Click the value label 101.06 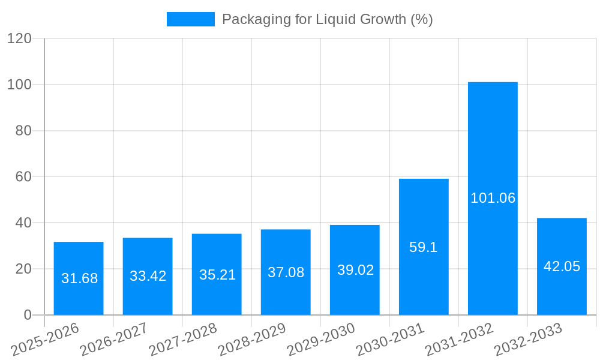pos(493,198)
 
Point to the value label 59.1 pos(424,247)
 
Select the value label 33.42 pos(148,276)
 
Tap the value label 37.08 pos(286,272)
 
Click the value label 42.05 pos(562,266)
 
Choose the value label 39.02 pos(355,270)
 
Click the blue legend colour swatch pos(190,19)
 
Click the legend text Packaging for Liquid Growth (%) pos(327,19)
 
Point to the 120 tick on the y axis pos(19,38)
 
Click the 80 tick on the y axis pos(23,131)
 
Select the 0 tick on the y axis pos(28,315)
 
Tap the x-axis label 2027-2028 pos(183,340)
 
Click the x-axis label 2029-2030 pos(321,340)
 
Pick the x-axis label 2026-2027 pos(114,340)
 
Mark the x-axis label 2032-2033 pos(528,340)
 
